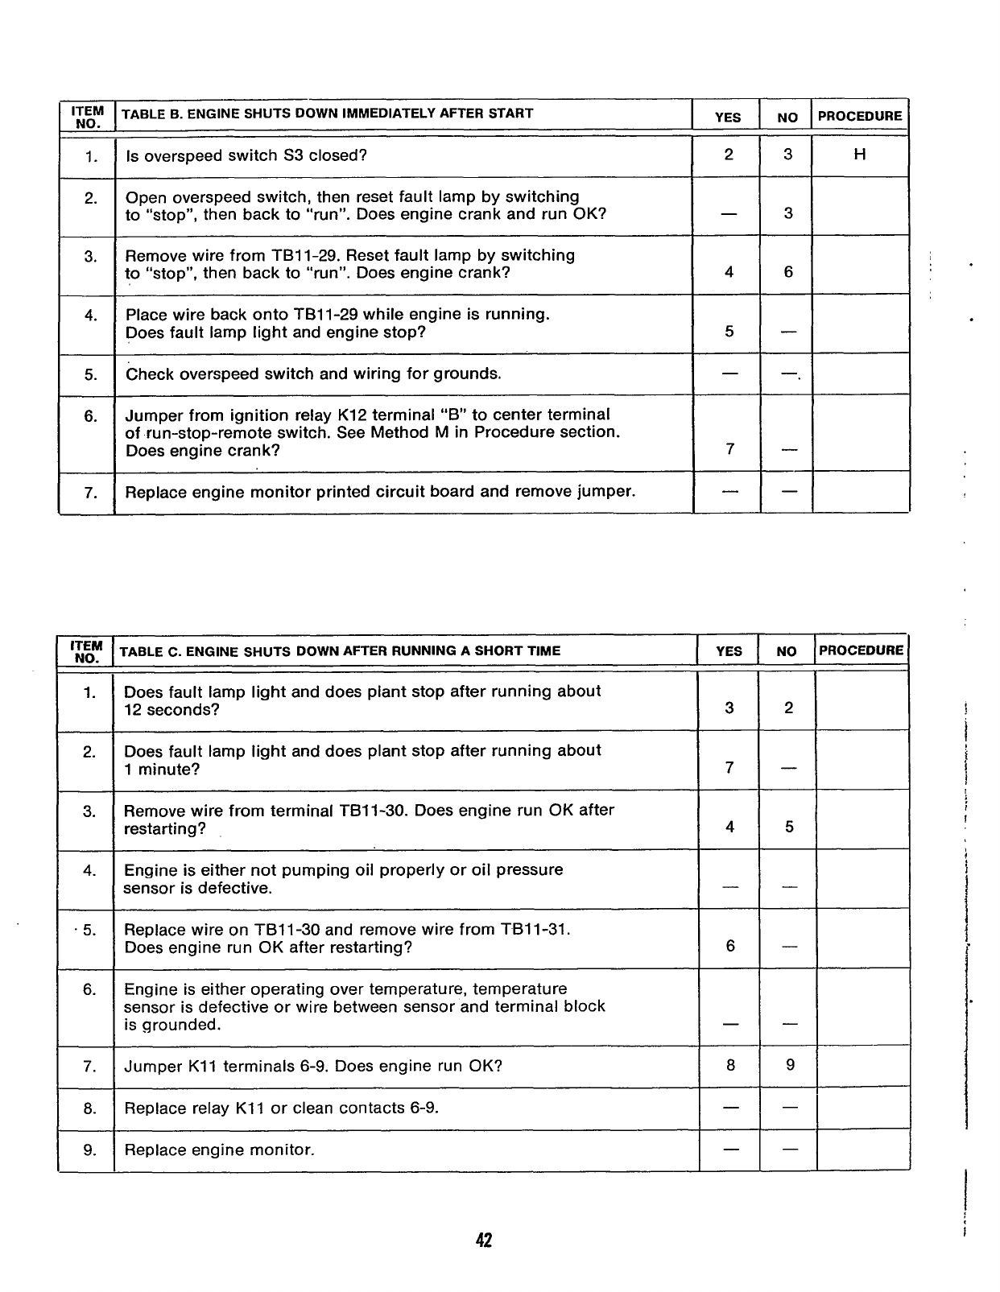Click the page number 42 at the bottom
(x=483, y=1240)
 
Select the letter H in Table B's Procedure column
(x=859, y=155)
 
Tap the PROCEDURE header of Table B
(x=860, y=116)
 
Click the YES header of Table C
(x=729, y=651)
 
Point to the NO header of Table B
(x=787, y=118)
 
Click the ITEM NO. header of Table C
(x=87, y=651)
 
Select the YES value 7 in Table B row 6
(x=729, y=449)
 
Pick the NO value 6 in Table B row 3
(x=788, y=272)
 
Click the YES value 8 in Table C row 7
(x=730, y=1065)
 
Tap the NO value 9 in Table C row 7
(x=790, y=1065)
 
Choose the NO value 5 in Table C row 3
(x=789, y=827)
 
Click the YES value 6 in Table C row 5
(x=730, y=946)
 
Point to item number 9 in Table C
(x=89, y=1150)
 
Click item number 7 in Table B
(x=90, y=491)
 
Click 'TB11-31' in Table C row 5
(x=535, y=929)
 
